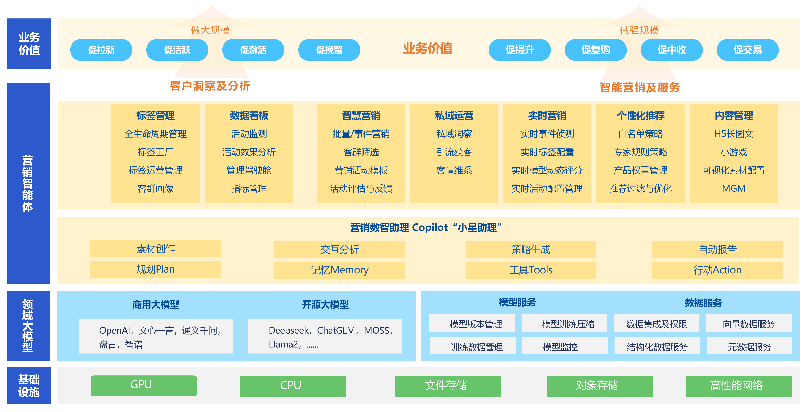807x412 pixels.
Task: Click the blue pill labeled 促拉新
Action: point(101,50)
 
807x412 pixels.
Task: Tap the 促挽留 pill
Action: point(329,50)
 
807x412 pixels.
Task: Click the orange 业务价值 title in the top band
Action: point(428,48)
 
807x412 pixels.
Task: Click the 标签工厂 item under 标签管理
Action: point(155,152)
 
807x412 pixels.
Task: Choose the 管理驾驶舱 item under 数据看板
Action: point(249,170)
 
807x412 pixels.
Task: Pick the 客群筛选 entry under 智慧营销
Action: point(361,152)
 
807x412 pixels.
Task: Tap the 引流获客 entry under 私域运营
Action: point(454,152)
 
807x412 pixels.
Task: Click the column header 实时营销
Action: point(547,116)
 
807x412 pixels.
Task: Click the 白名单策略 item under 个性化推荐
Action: point(640,134)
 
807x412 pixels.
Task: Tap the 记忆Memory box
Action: point(340,270)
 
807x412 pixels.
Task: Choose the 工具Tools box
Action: point(531,270)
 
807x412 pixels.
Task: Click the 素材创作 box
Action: point(155,249)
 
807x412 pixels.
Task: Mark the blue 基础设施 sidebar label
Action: point(29,386)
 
